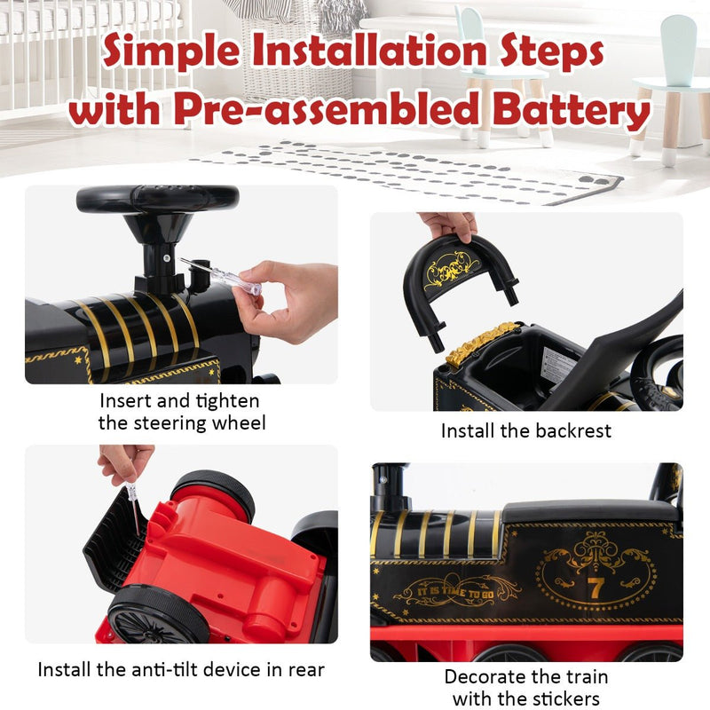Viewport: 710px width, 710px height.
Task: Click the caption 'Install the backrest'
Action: [526, 431]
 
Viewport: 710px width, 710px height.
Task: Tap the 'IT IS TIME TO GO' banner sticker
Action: [455, 587]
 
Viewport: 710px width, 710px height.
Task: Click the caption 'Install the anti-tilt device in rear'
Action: [180, 669]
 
